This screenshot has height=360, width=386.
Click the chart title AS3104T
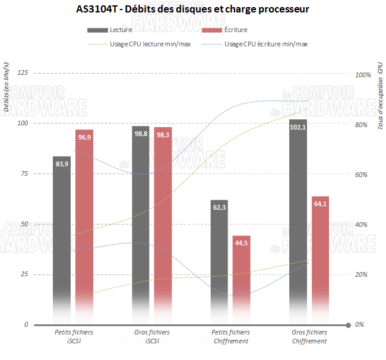(193, 10)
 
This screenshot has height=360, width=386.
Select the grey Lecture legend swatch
(97, 30)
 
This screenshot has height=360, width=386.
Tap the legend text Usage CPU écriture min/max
(266, 43)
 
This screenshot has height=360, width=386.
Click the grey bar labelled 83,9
(62, 238)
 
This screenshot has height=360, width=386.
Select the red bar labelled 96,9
(84, 226)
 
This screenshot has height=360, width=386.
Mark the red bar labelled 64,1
(320, 255)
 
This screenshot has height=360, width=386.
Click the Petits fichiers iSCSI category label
(73, 336)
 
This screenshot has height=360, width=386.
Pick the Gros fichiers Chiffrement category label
(309, 336)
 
